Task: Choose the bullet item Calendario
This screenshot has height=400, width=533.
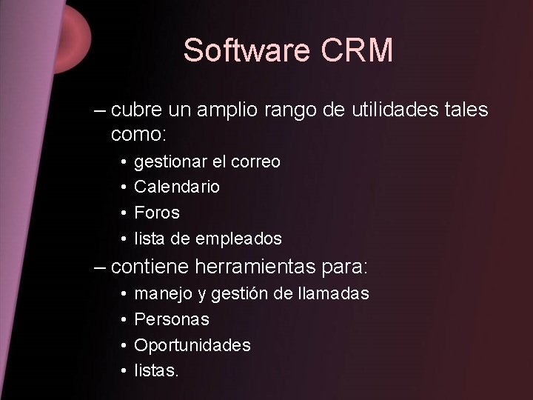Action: coord(176,187)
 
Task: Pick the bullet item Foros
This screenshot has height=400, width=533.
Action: coord(156,213)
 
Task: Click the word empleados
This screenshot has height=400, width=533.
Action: coord(238,239)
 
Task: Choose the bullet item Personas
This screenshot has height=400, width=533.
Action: coord(171,319)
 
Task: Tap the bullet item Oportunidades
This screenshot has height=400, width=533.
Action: coord(192,345)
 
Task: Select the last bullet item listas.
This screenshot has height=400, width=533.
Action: coord(155,370)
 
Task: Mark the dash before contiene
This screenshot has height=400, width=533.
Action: coord(100,265)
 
